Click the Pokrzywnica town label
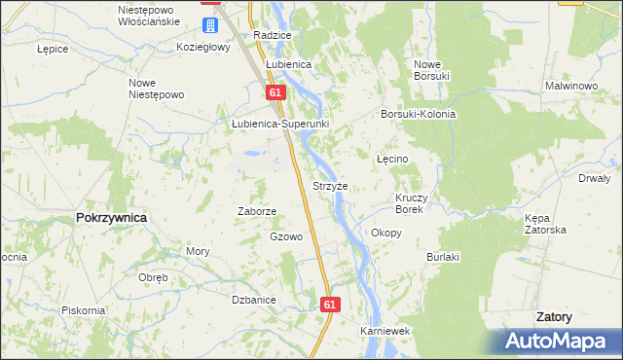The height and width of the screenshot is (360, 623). click(111, 218)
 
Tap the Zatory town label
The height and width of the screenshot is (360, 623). click(554, 317)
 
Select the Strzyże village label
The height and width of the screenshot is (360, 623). click(330, 185)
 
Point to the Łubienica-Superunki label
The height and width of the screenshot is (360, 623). click(280, 125)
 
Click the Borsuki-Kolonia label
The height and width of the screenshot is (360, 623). click(419, 114)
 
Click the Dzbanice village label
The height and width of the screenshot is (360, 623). click(255, 300)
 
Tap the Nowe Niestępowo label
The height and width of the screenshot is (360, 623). click(156, 89)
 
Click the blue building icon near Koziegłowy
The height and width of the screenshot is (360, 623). click(210, 24)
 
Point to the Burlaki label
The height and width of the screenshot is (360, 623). click(443, 257)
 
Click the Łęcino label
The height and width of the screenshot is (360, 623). click(392, 159)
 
